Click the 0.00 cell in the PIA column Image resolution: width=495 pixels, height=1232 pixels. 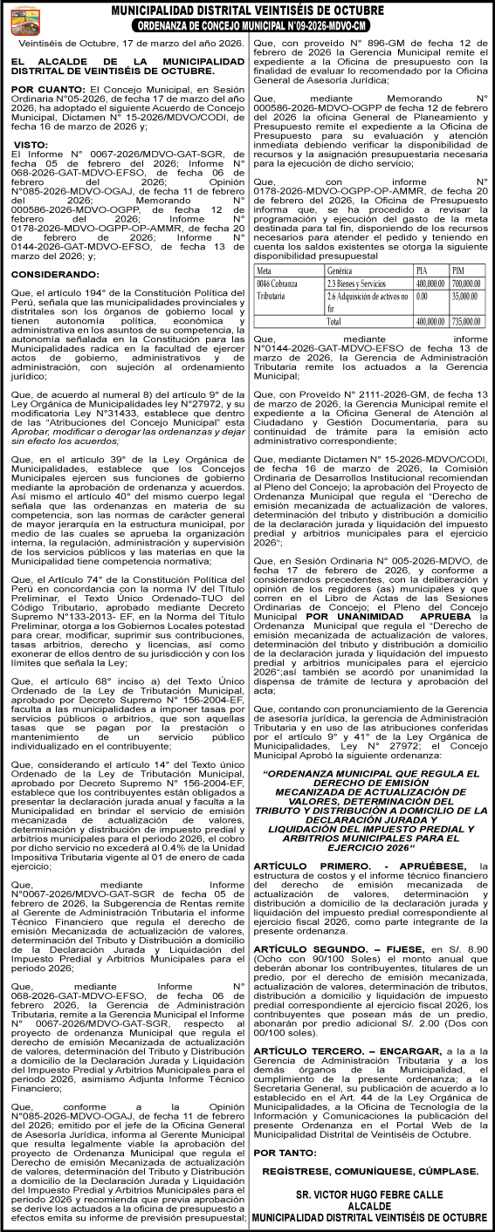[x=426, y=273]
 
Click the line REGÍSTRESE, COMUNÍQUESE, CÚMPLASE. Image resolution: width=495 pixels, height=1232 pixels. [x=371, y=1170]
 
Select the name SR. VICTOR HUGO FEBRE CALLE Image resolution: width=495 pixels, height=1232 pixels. [x=371, y=1193]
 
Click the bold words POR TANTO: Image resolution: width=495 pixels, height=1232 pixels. [x=282, y=1153]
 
